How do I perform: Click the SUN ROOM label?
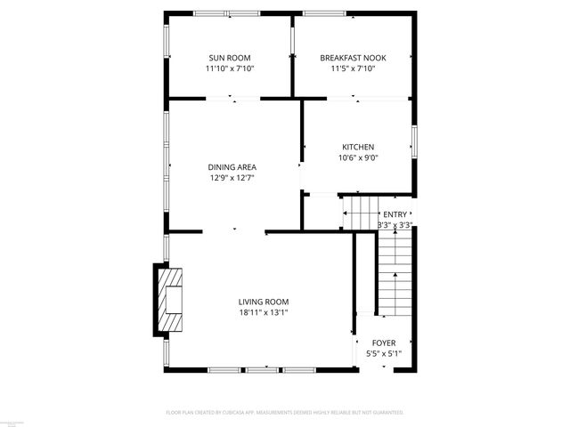(x=230, y=58)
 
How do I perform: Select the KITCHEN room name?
(x=358, y=148)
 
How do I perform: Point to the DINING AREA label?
(x=232, y=167)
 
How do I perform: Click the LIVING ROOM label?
(x=263, y=302)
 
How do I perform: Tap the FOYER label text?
(x=384, y=342)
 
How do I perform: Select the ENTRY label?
(x=395, y=214)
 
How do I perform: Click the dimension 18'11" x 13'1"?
(x=263, y=312)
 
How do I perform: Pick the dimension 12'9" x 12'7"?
(x=232, y=178)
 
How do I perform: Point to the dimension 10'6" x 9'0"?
(x=358, y=158)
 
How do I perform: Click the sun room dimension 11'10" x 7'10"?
(x=230, y=68)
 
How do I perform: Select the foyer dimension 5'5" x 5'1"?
(x=384, y=353)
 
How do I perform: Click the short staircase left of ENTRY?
(x=360, y=213)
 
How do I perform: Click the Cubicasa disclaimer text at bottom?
(x=285, y=413)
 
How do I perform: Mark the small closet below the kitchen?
(x=319, y=212)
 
